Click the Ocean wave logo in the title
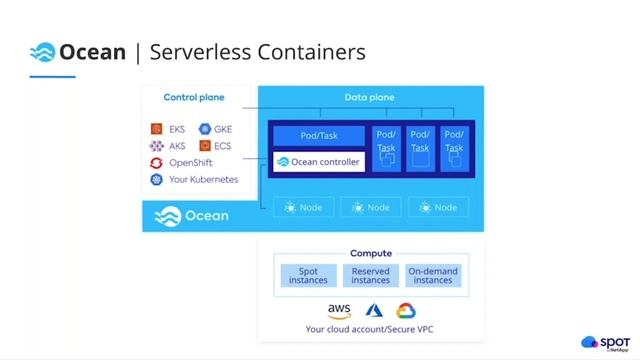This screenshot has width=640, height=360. click(x=42, y=52)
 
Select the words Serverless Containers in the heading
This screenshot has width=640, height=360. click(x=257, y=52)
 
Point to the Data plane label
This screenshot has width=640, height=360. click(x=370, y=97)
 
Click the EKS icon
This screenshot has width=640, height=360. click(x=156, y=129)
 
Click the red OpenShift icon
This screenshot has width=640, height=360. click(x=156, y=163)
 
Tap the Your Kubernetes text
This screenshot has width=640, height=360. click(x=204, y=180)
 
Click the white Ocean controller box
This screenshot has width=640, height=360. click(x=318, y=162)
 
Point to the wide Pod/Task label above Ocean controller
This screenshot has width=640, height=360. click(x=318, y=135)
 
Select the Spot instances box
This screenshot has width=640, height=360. click(x=308, y=275)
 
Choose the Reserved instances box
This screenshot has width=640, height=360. click(x=371, y=275)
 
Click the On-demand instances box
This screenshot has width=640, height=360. click(x=433, y=275)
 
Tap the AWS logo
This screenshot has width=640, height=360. click(x=339, y=311)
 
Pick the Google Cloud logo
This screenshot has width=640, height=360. click(x=405, y=311)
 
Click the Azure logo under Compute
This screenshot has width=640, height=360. click(x=375, y=311)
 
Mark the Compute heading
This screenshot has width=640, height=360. click(x=371, y=254)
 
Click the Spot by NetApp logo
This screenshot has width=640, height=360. click(x=605, y=342)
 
